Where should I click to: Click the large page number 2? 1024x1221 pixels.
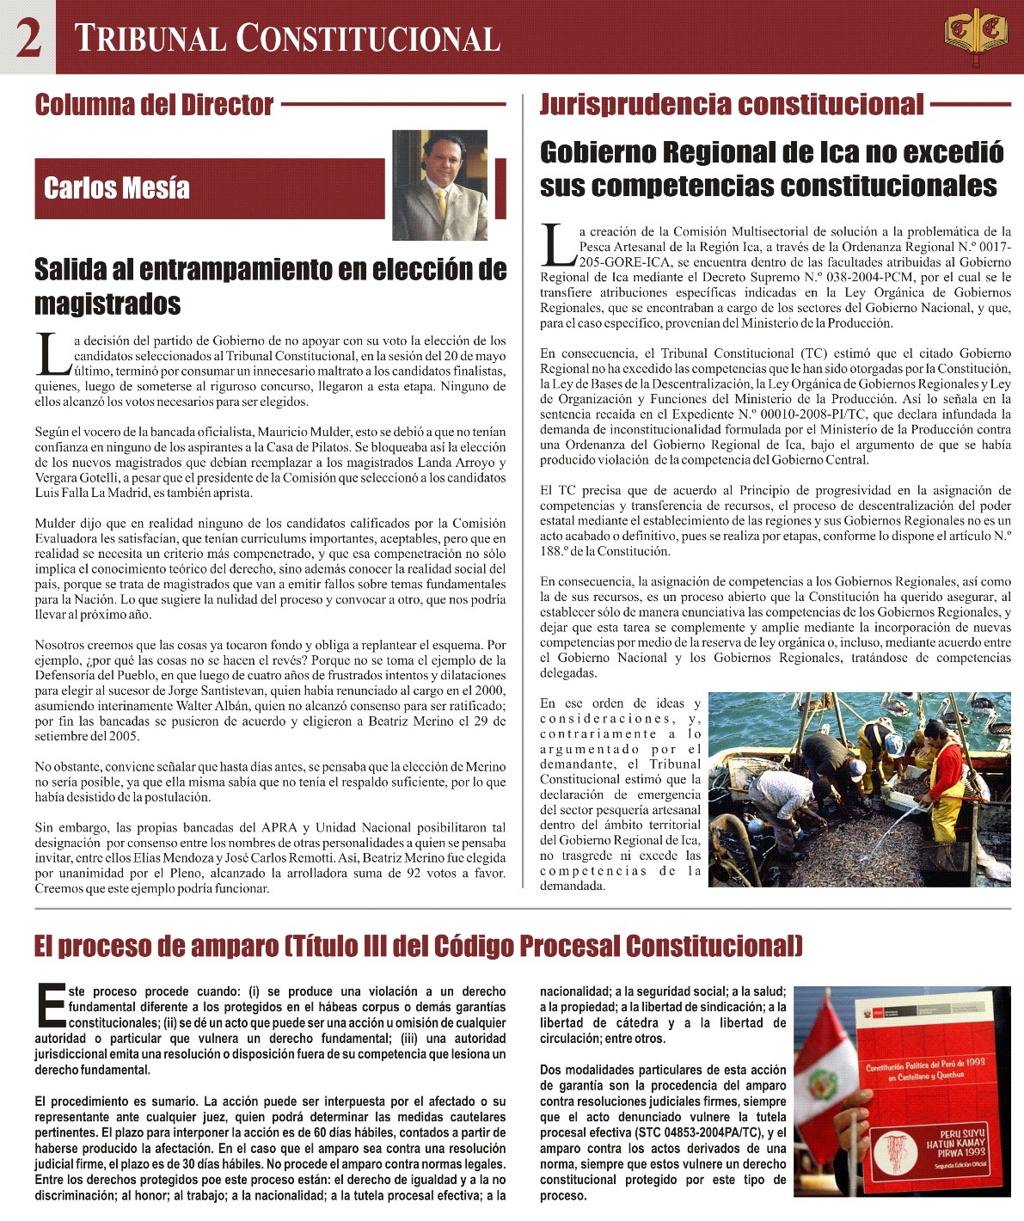click(x=28, y=39)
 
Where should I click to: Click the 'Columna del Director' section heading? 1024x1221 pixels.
click(x=154, y=105)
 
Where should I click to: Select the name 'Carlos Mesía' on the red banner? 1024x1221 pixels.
click(x=117, y=188)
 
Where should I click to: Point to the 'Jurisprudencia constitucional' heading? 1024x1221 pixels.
click(x=731, y=105)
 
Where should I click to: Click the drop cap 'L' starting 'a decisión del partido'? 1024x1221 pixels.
click(x=52, y=354)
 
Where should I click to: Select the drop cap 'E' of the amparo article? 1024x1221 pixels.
click(x=51, y=1005)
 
